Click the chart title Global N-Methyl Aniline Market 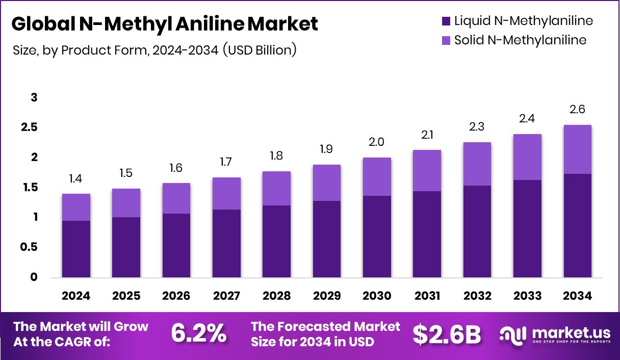(x=164, y=24)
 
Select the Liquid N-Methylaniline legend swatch (x=446, y=21)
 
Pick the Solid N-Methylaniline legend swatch (x=446, y=40)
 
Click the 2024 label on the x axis (x=76, y=296)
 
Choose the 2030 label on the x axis (x=377, y=296)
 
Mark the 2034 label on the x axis (x=578, y=296)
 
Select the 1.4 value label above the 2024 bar (x=76, y=178)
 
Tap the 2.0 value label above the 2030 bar (x=377, y=142)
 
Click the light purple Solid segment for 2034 (x=578, y=149)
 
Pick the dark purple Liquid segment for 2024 (x=76, y=249)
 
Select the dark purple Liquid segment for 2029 (x=327, y=239)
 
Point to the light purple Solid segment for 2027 (x=226, y=193)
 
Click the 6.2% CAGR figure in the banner (x=199, y=333)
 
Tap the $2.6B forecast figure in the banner (x=447, y=334)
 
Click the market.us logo (x=555, y=334)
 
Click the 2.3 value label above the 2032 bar (x=478, y=127)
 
